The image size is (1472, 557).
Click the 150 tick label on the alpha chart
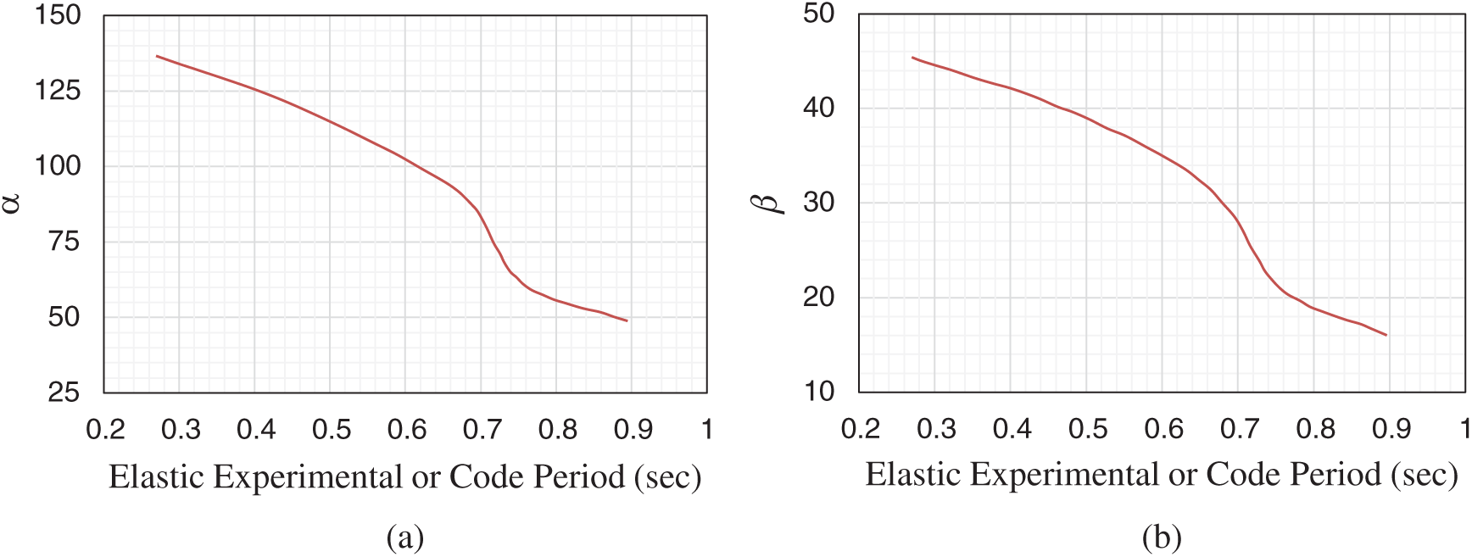[x=58, y=15]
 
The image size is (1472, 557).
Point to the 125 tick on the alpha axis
[x=58, y=90]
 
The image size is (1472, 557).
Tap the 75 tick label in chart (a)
[x=64, y=242]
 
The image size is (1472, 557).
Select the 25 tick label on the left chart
[x=64, y=393]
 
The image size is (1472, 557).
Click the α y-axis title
[x=11, y=203]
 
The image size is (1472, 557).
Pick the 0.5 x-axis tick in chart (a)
[x=331, y=430]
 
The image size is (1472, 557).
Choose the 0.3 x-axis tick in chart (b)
[x=936, y=429]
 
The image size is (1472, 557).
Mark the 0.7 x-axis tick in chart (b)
[x=1239, y=429]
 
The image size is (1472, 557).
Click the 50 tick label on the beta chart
[x=818, y=14]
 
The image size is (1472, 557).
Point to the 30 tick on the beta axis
[x=818, y=203]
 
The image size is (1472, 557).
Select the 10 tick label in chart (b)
[x=818, y=392]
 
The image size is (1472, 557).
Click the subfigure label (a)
[x=404, y=537]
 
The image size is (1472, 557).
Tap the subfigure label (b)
[x=1161, y=537]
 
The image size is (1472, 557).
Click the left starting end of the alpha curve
[x=157, y=56]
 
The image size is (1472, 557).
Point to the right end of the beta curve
[x=1386, y=335]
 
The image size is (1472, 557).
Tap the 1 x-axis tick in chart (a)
[x=706, y=430]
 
